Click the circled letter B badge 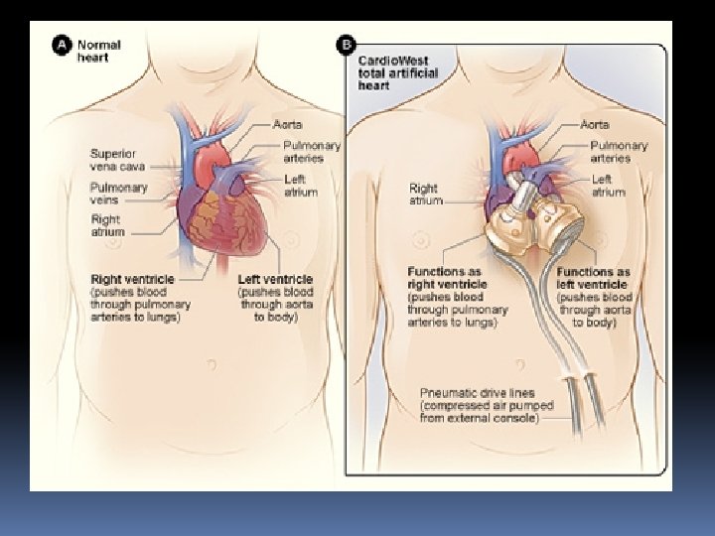point(347,45)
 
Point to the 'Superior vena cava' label point(118,160)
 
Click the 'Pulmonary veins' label point(118,194)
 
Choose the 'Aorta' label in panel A point(290,125)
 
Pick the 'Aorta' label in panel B point(596,125)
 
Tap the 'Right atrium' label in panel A point(105,225)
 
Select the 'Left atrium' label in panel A point(300,186)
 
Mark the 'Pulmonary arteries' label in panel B point(618,152)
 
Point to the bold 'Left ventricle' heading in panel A point(275,280)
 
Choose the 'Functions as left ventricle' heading point(594,278)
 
